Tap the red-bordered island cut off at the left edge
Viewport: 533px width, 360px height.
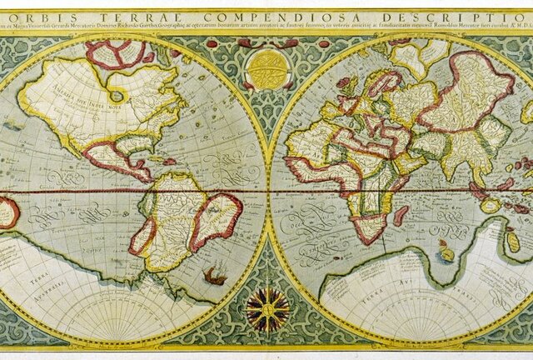(x=7, y=213)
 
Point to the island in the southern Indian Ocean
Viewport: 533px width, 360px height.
(x=448, y=249)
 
